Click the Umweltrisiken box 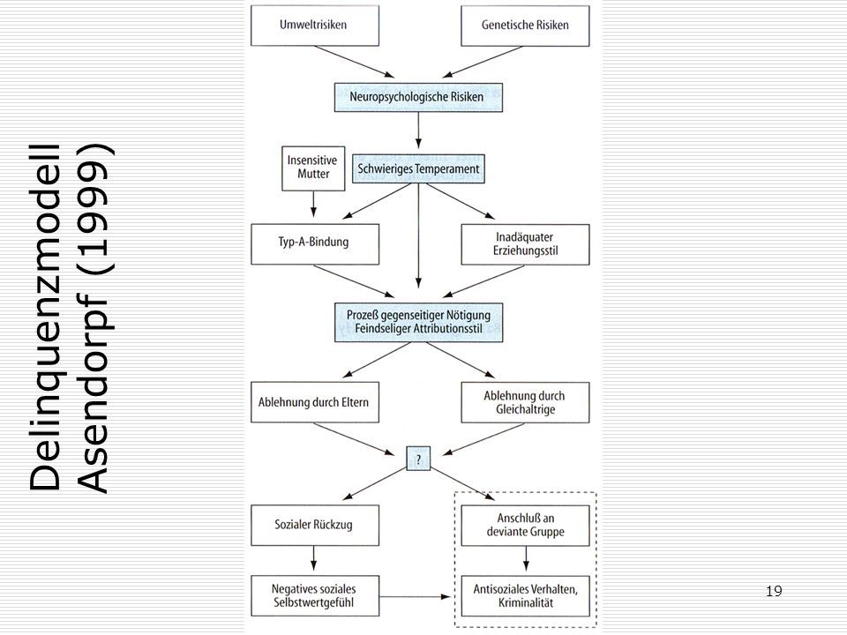[315, 26]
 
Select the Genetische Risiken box [525, 26]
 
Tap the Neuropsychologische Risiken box [418, 97]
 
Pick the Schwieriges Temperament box [418, 168]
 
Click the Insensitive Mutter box [313, 168]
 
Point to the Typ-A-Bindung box [315, 244]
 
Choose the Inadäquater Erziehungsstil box [525, 244]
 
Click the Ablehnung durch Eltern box [315, 402]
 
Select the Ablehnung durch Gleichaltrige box [525, 402]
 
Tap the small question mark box [418, 459]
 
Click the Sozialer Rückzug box [315, 525]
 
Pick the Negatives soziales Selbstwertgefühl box [315, 595]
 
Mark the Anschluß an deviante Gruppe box [525, 526]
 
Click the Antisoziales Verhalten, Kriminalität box [525, 596]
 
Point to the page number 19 [774, 591]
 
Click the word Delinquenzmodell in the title [45, 318]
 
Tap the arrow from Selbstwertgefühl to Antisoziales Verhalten [415, 597]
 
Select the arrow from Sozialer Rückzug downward [313, 557]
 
